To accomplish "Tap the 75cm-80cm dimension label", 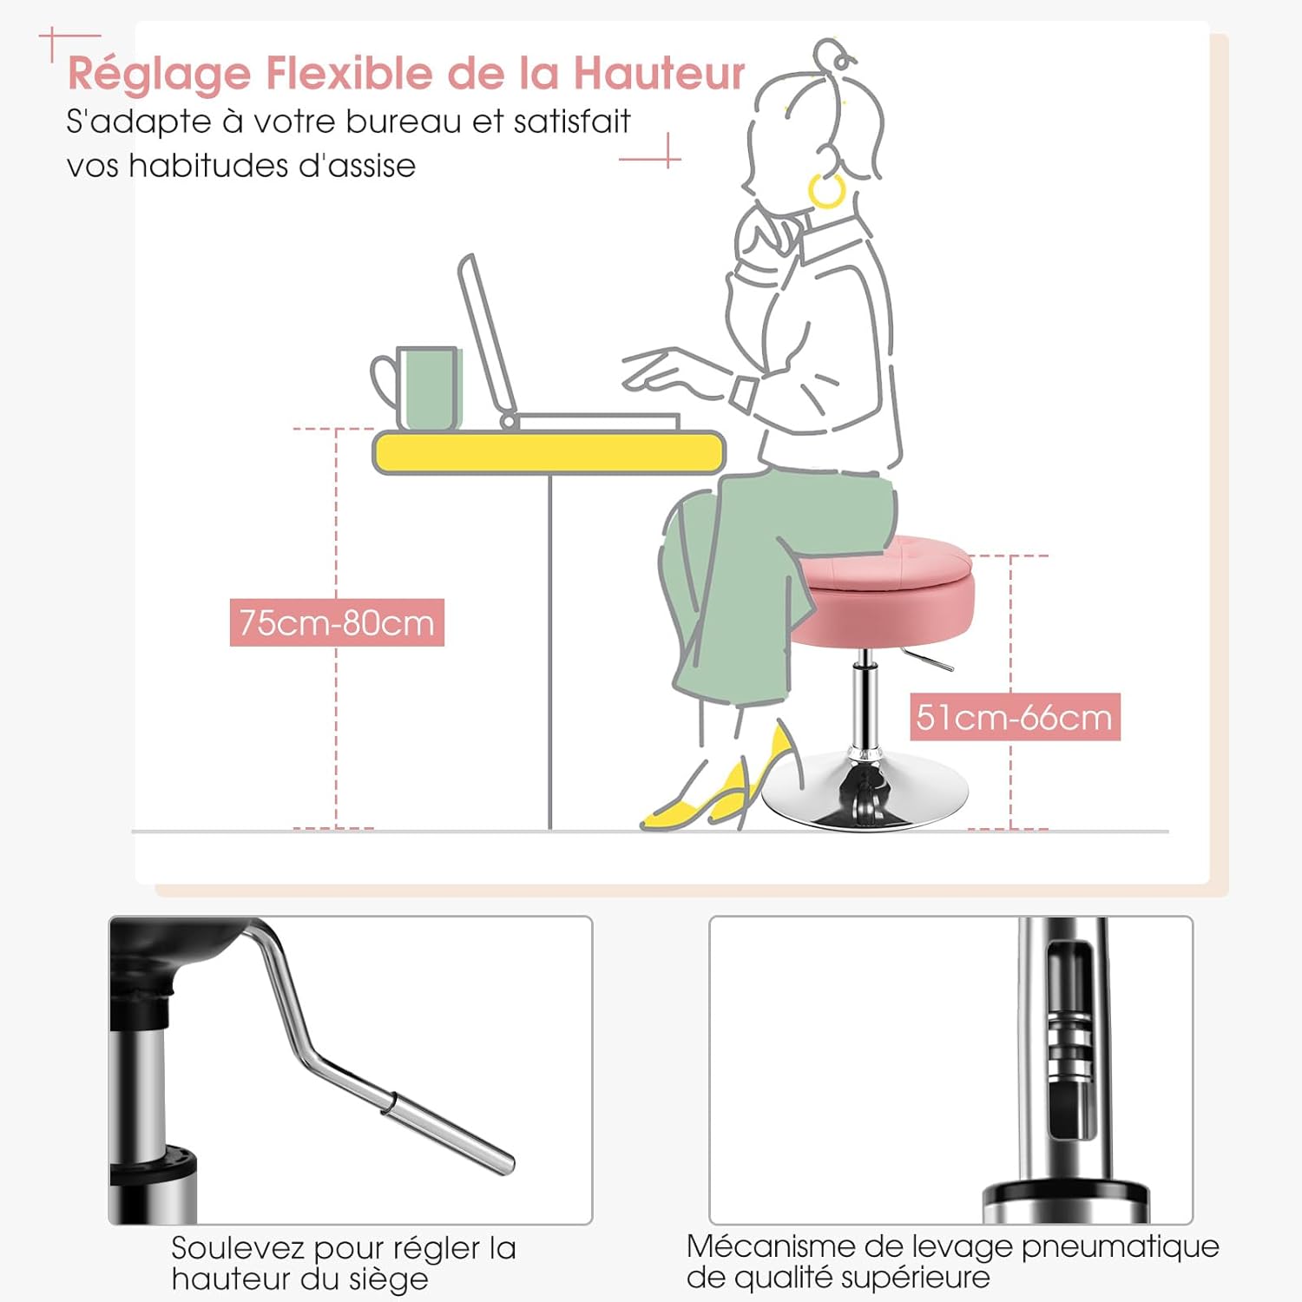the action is (337, 622).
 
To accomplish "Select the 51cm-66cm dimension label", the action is (1015, 717).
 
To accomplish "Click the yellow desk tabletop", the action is (549, 452).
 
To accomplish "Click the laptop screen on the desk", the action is (486, 339).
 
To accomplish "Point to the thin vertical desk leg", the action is (550, 652).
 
